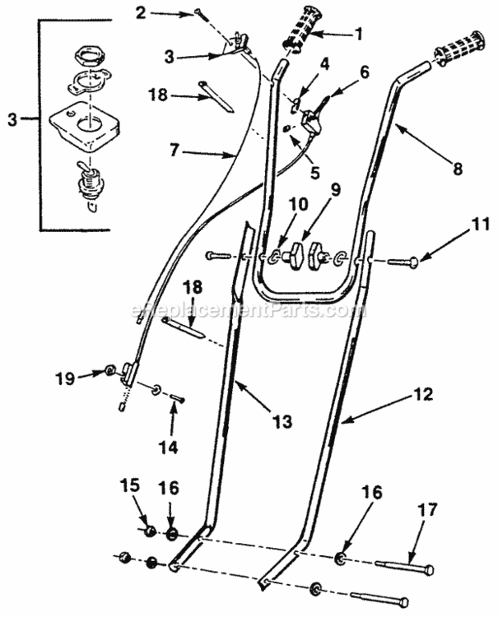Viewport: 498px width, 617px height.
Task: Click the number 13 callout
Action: pos(282,420)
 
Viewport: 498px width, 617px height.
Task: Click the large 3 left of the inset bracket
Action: pos(11,119)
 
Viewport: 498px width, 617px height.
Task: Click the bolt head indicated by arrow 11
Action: pos(413,262)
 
